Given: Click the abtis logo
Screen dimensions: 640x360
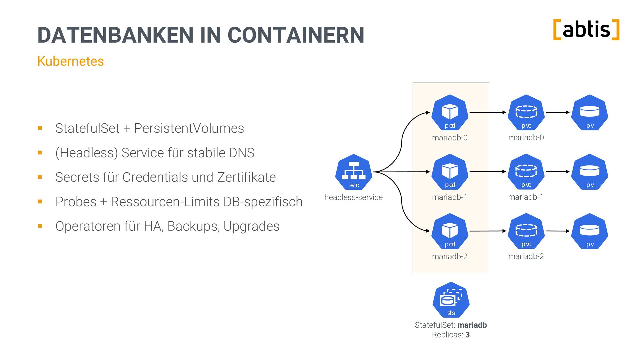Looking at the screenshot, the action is [x=586, y=30].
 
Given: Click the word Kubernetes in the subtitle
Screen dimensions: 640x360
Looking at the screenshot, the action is [x=71, y=61].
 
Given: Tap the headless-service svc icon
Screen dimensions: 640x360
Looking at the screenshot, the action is [x=354, y=172].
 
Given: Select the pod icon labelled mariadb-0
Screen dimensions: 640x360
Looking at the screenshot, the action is [x=450, y=113].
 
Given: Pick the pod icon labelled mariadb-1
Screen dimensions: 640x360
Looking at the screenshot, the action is [x=450, y=172].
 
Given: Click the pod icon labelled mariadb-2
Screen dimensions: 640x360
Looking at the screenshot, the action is [x=450, y=231].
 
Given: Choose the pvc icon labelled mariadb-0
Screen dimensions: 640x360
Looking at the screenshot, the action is [x=526, y=113].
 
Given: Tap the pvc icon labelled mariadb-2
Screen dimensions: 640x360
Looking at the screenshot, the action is [x=526, y=231].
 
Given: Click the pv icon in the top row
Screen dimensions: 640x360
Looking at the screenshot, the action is [x=590, y=113].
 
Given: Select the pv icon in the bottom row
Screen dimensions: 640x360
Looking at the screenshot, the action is [x=590, y=231].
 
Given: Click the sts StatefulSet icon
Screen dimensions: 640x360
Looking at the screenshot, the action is [x=451, y=300].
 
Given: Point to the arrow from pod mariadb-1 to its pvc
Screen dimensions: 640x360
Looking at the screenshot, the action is [x=488, y=172].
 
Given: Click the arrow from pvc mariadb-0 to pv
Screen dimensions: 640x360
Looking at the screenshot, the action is [x=558, y=112].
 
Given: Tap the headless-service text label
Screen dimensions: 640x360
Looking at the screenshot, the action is [x=353, y=197].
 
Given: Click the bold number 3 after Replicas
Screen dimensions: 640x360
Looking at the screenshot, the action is [x=468, y=335].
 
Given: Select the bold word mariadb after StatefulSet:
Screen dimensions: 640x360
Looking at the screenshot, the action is [x=472, y=325].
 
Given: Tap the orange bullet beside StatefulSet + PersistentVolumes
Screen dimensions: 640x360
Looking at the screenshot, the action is [x=40, y=128].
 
